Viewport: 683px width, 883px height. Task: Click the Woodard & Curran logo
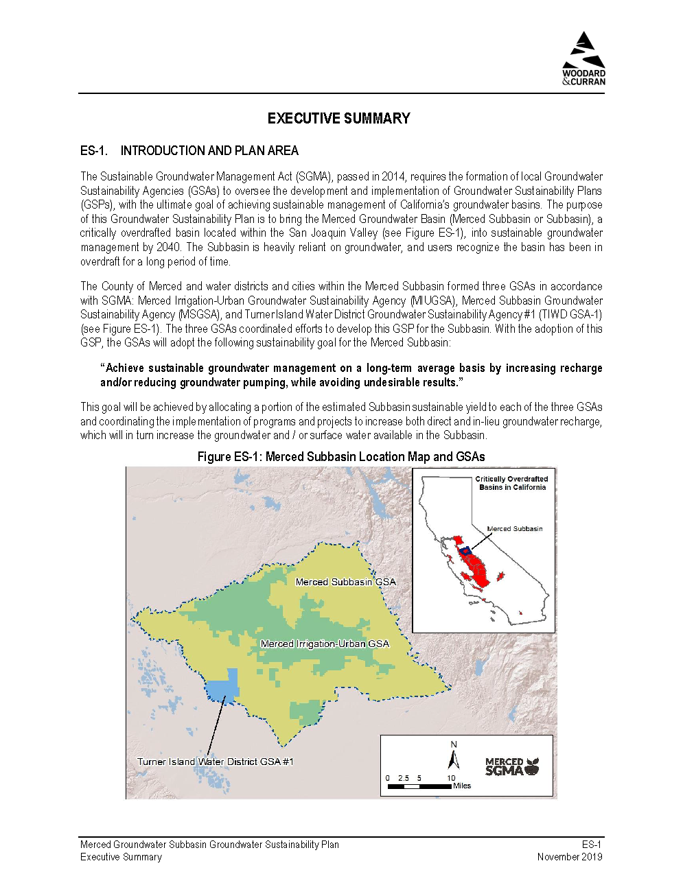pyautogui.click(x=583, y=59)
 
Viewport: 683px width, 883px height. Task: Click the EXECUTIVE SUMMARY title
pyautogui.click(x=338, y=119)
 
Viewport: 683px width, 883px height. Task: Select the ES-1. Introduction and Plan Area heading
pyautogui.click(x=189, y=151)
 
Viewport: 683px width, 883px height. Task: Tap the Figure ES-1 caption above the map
pyautogui.click(x=341, y=457)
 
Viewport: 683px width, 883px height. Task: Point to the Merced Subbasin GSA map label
pyautogui.click(x=345, y=582)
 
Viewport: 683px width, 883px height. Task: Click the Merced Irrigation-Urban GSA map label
pyautogui.click(x=325, y=644)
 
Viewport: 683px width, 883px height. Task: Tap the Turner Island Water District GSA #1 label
pyautogui.click(x=215, y=762)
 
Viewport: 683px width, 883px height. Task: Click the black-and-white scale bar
pyautogui.click(x=419, y=786)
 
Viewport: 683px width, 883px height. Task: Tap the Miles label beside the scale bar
pyautogui.click(x=462, y=786)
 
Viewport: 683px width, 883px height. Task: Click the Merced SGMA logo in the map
pyautogui.click(x=511, y=766)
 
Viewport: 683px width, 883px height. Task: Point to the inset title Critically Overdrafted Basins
pyautogui.click(x=512, y=483)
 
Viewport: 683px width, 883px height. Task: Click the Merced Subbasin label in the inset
pyautogui.click(x=514, y=529)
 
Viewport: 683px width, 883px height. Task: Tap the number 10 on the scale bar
pyautogui.click(x=451, y=778)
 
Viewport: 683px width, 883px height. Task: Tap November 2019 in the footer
pyautogui.click(x=569, y=857)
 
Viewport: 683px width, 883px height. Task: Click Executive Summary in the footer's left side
pyautogui.click(x=121, y=857)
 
